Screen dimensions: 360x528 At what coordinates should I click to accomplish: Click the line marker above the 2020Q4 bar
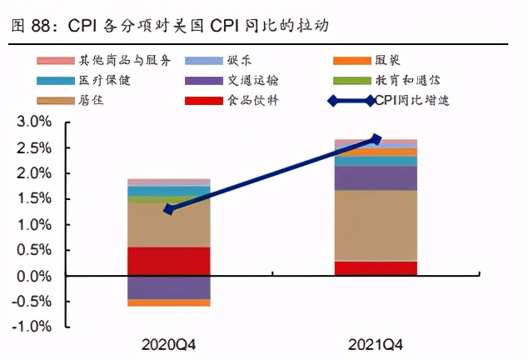[169, 209]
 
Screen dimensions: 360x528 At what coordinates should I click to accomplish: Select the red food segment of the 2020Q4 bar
[169, 261]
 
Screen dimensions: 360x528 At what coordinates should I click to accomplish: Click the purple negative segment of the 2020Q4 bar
[169, 287]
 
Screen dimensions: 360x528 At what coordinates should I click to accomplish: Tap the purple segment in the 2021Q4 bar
[376, 178]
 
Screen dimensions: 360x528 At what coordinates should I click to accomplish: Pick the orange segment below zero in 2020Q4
[169, 302]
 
